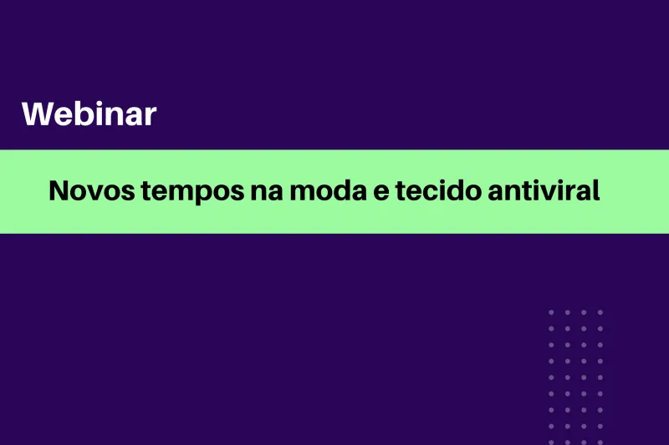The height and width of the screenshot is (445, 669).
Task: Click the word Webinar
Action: (x=89, y=114)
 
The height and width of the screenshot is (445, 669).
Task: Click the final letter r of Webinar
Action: (x=150, y=117)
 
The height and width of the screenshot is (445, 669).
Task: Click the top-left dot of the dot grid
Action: (x=551, y=312)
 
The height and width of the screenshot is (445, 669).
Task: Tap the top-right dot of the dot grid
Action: (x=600, y=312)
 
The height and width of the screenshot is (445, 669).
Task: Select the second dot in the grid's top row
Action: (x=567, y=312)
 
